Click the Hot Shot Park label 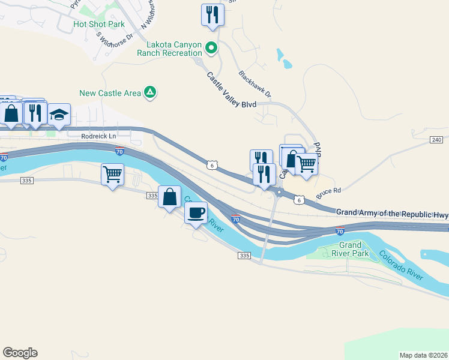click(98, 25)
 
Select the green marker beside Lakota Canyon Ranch click(211, 47)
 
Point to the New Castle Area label click(111, 93)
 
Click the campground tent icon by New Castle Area click(150, 92)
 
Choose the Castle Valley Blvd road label click(232, 91)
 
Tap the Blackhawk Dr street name click(255, 85)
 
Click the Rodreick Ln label click(98, 137)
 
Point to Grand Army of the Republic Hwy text click(392, 213)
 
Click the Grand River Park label click(351, 249)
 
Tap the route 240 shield click(436, 140)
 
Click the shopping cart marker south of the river click(112, 175)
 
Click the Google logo click(20, 353)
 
